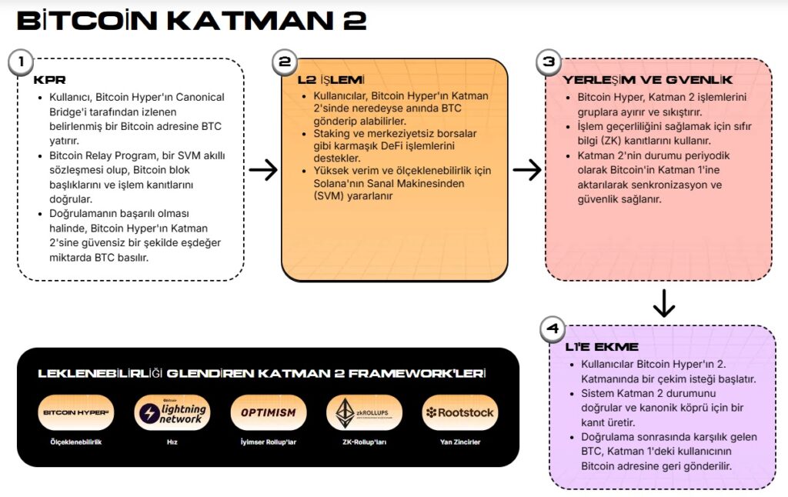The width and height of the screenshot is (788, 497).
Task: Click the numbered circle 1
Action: coord(21,62)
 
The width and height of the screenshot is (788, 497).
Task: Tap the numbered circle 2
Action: coord(285,62)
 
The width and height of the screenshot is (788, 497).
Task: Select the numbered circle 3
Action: coord(549,62)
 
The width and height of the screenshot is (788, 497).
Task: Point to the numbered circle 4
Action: coord(553,329)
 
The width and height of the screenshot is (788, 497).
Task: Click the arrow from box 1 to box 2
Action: coord(263,170)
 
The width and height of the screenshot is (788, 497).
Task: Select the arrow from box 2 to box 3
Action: coord(527,170)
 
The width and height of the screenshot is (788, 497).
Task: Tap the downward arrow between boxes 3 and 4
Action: coord(664,303)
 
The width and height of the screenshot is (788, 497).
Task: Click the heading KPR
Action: coord(49,80)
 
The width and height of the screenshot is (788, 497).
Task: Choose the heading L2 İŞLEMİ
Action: coord(331,80)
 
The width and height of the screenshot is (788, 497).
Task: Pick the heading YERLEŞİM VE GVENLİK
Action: coord(647,80)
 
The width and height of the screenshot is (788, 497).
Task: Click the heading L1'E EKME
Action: coord(602,347)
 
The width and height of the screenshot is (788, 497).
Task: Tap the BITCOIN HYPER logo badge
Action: coord(76,412)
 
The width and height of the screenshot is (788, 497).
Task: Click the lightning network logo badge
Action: coord(172,412)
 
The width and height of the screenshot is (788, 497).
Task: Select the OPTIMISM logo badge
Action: coord(269,412)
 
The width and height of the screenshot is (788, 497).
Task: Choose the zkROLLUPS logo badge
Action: coord(364,412)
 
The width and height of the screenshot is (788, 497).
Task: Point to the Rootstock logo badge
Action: coord(460,412)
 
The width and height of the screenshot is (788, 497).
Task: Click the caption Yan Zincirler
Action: coord(460,442)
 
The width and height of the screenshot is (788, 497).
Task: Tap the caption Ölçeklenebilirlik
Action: coord(76,442)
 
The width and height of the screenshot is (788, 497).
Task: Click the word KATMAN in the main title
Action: coord(250,21)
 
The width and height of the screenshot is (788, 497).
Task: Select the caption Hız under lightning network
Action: coord(172,442)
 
